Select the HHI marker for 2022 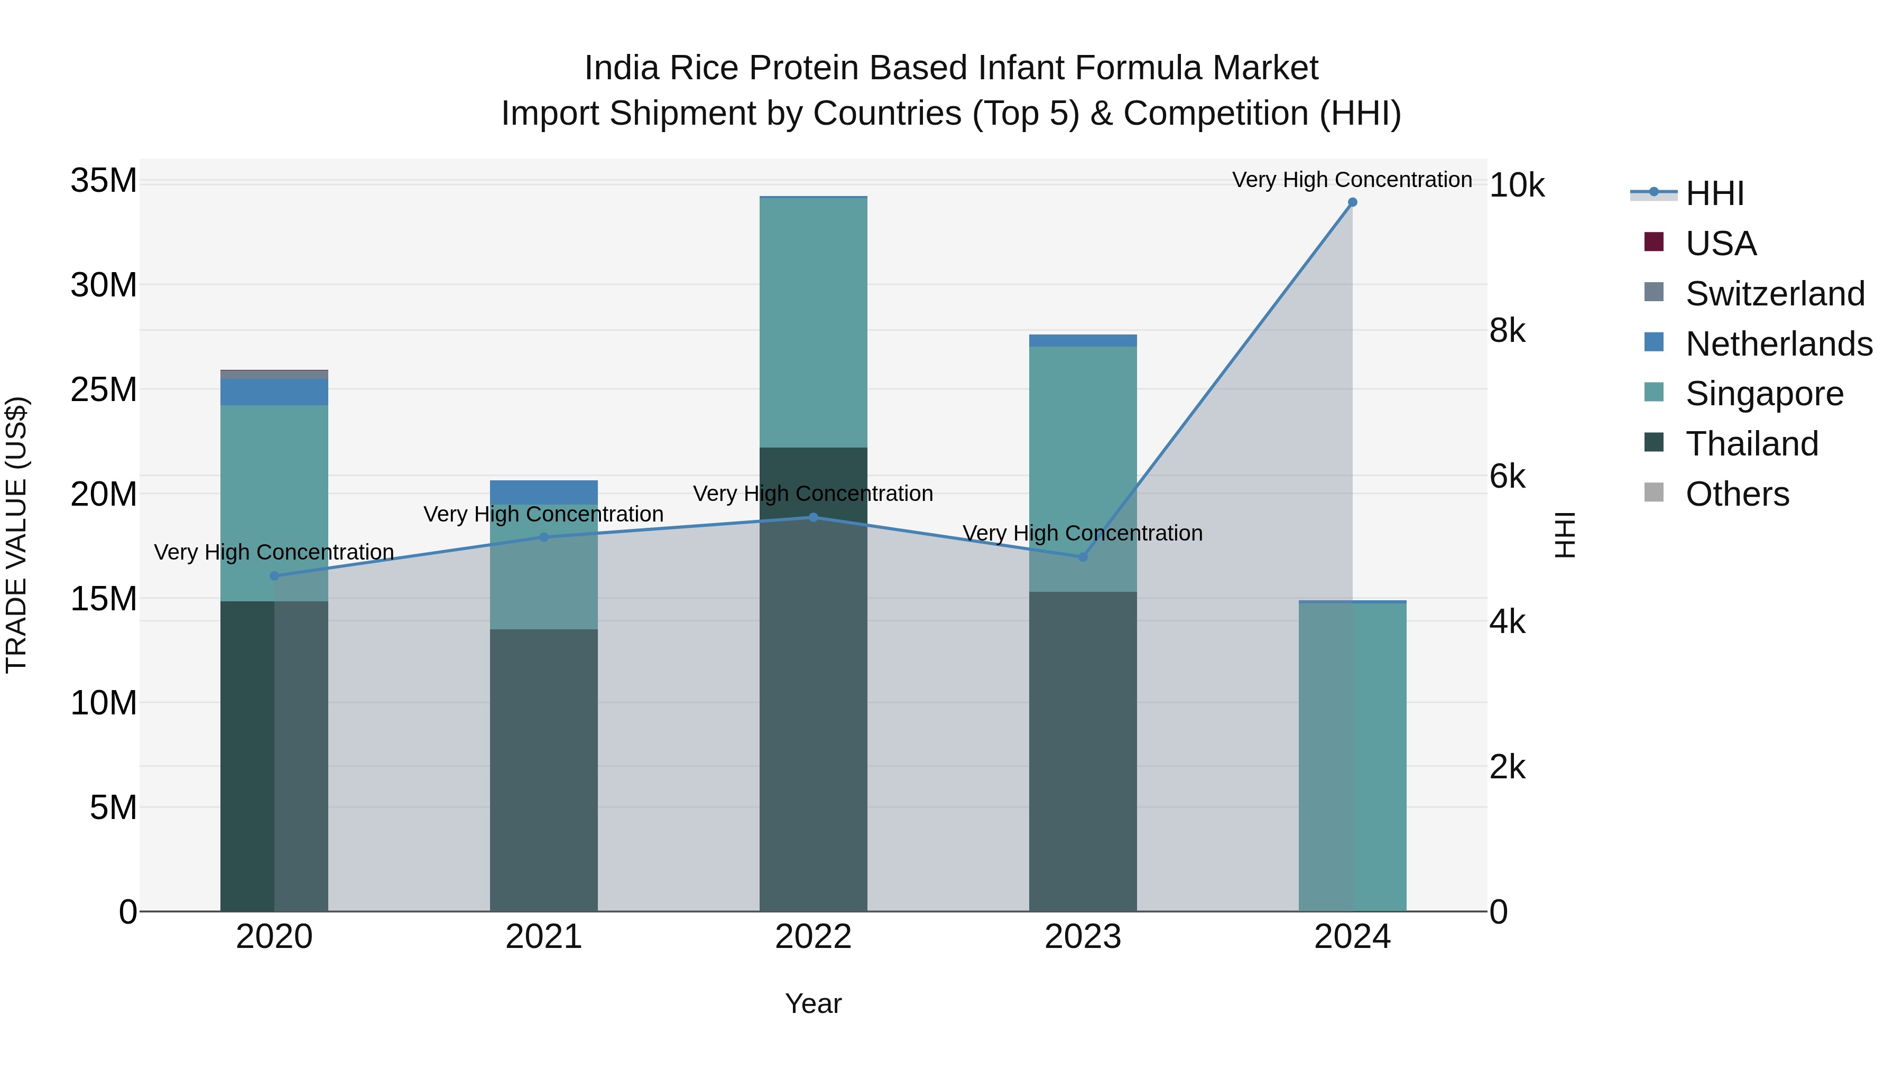814,518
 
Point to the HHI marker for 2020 274,576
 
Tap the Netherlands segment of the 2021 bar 544,492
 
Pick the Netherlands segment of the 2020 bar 274,392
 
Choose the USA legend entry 1721,244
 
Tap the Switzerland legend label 1775,294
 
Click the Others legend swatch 1654,492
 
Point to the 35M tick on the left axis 104,180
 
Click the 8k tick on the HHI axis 1507,331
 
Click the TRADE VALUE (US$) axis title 16,535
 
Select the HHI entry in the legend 1714,193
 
